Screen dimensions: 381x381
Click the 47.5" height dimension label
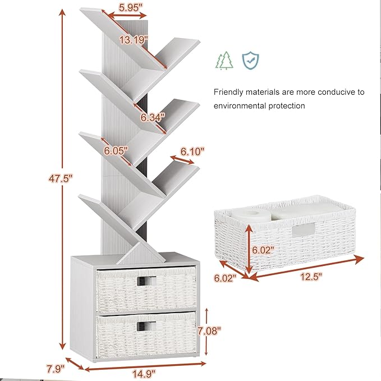[x=61, y=178]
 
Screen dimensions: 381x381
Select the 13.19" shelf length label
[x=134, y=40]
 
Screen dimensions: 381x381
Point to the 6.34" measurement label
[x=153, y=117]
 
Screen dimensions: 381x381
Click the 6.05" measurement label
[x=116, y=150]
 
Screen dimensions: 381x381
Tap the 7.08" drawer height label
[x=209, y=330]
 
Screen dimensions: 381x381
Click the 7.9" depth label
[x=56, y=369]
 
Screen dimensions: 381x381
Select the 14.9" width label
[x=144, y=374]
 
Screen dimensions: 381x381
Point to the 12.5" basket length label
[x=311, y=277]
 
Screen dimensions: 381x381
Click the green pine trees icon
[x=224, y=61]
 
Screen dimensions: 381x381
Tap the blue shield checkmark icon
[x=250, y=61]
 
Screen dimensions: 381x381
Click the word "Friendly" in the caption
[x=228, y=93]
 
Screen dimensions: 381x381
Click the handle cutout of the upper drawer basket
[x=146, y=281]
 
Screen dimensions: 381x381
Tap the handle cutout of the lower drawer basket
[x=146, y=327]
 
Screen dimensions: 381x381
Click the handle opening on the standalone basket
[x=303, y=230]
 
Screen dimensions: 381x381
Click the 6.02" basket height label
[x=263, y=250]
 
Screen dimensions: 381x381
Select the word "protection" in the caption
[x=287, y=106]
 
